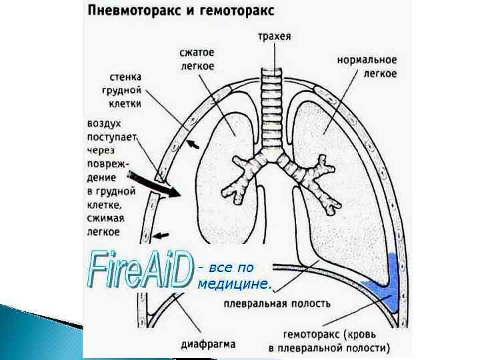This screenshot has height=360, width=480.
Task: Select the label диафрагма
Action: (x=208, y=345)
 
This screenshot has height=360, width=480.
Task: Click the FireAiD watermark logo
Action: (x=140, y=270)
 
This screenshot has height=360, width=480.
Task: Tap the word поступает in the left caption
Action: (x=111, y=137)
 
